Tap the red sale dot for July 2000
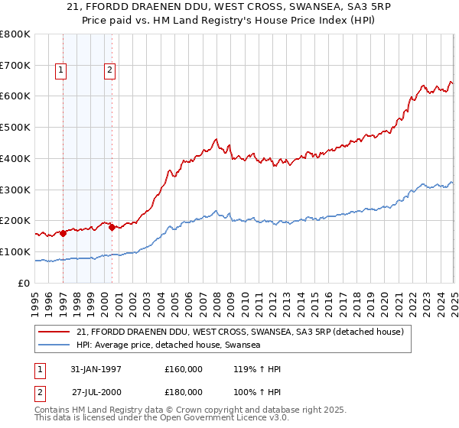coord(112,227)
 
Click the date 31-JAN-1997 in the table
coord(96,368)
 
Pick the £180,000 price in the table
coord(183,393)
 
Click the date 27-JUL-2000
coord(96,393)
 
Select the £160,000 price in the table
coord(183,368)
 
